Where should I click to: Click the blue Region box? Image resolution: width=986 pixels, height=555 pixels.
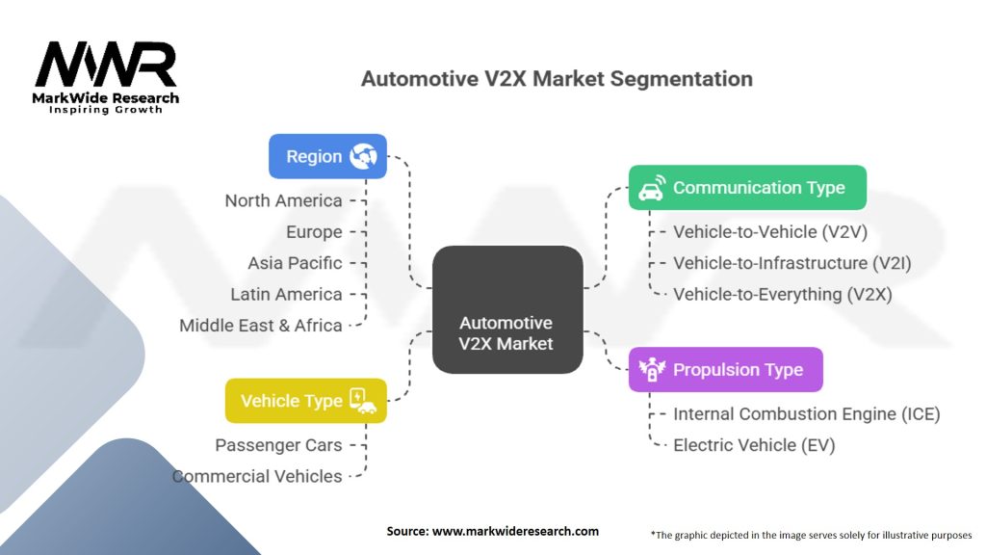pyautogui.click(x=327, y=156)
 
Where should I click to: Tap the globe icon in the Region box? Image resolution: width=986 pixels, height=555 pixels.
pyautogui.click(x=363, y=156)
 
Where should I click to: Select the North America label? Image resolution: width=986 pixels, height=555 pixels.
pyautogui.click(x=283, y=200)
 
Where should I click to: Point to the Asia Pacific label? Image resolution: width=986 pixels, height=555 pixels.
pyautogui.click(x=295, y=263)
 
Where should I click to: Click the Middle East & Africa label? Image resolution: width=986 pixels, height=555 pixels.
pyautogui.click(x=261, y=326)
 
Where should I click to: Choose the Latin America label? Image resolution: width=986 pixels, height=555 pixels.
pyautogui.click(x=286, y=294)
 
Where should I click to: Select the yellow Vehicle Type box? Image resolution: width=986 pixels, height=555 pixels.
pyautogui.click(x=305, y=400)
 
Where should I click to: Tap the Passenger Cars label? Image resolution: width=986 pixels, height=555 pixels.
pyautogui.click(x=278, y=445)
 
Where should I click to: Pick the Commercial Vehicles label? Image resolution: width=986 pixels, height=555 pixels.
pyautogui.click(x=257, y=476)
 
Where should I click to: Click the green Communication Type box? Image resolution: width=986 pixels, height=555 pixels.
pyautogui.click(x=747, y=188)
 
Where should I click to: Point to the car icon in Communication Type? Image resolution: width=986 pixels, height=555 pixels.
pyautogui.click(x=653, y=187)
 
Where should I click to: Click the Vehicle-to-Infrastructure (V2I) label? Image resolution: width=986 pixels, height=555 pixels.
pyautogui.click(x=791, y=263)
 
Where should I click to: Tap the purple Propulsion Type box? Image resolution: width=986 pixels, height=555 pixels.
pyautogui.click(x=725, y=370)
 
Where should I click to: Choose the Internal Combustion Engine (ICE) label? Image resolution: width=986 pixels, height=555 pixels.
pyautogui.click(x=806, y=414)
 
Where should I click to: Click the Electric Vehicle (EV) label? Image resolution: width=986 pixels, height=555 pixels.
pyautogui.click(x=754, y=445)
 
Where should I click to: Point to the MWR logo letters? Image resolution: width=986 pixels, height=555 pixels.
pyautogui.click(x=106, y=66)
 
